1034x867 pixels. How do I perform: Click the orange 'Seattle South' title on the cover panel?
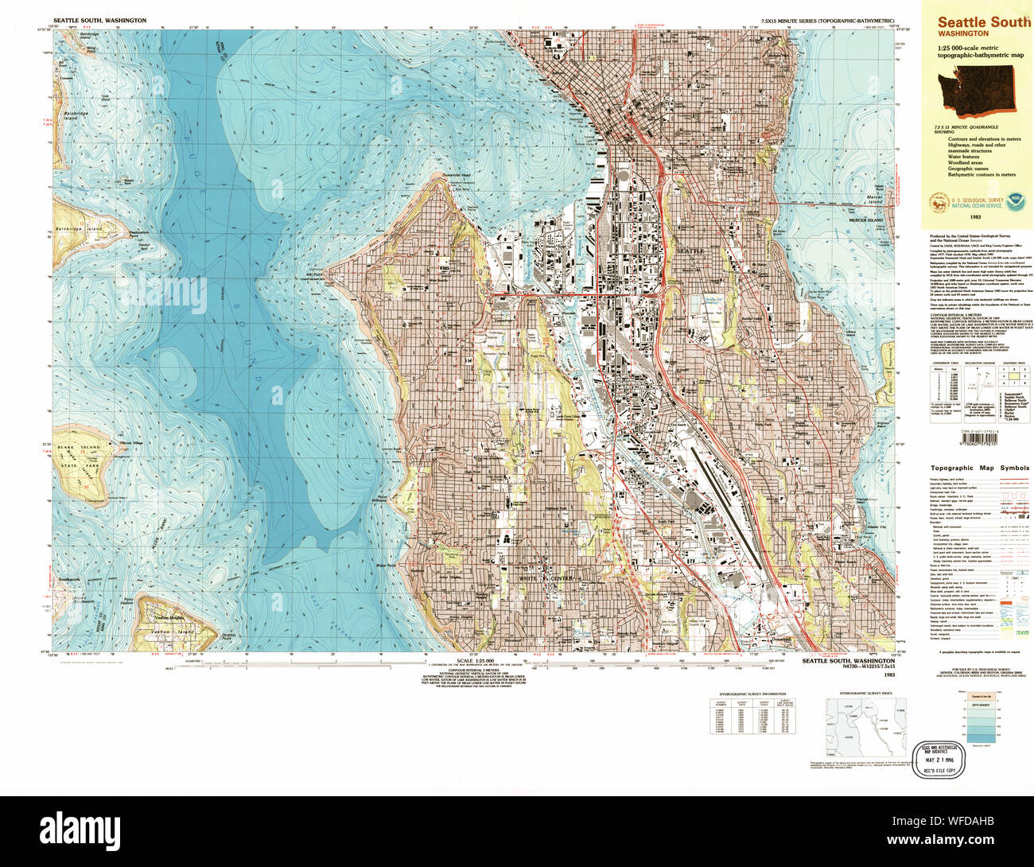pos(983,22)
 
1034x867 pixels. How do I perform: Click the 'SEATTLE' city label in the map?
pos(690,251)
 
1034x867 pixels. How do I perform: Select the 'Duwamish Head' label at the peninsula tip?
pos(457,176)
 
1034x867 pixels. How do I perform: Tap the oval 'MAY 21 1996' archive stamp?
pos(939,760)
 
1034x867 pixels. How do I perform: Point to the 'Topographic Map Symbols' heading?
pos(979,468)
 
